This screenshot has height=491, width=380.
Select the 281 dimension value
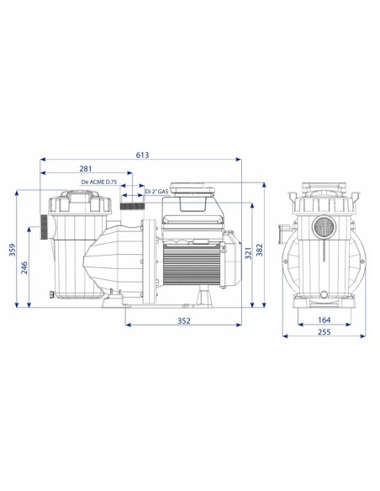point(86,168)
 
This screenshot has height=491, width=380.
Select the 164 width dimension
point(324,319)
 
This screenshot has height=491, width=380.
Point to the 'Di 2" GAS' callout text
point(156,192)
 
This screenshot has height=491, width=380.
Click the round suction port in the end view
point(324,227)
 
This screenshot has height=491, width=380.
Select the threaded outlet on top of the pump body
point(133,205)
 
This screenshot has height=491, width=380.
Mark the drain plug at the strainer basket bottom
point(52,293)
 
